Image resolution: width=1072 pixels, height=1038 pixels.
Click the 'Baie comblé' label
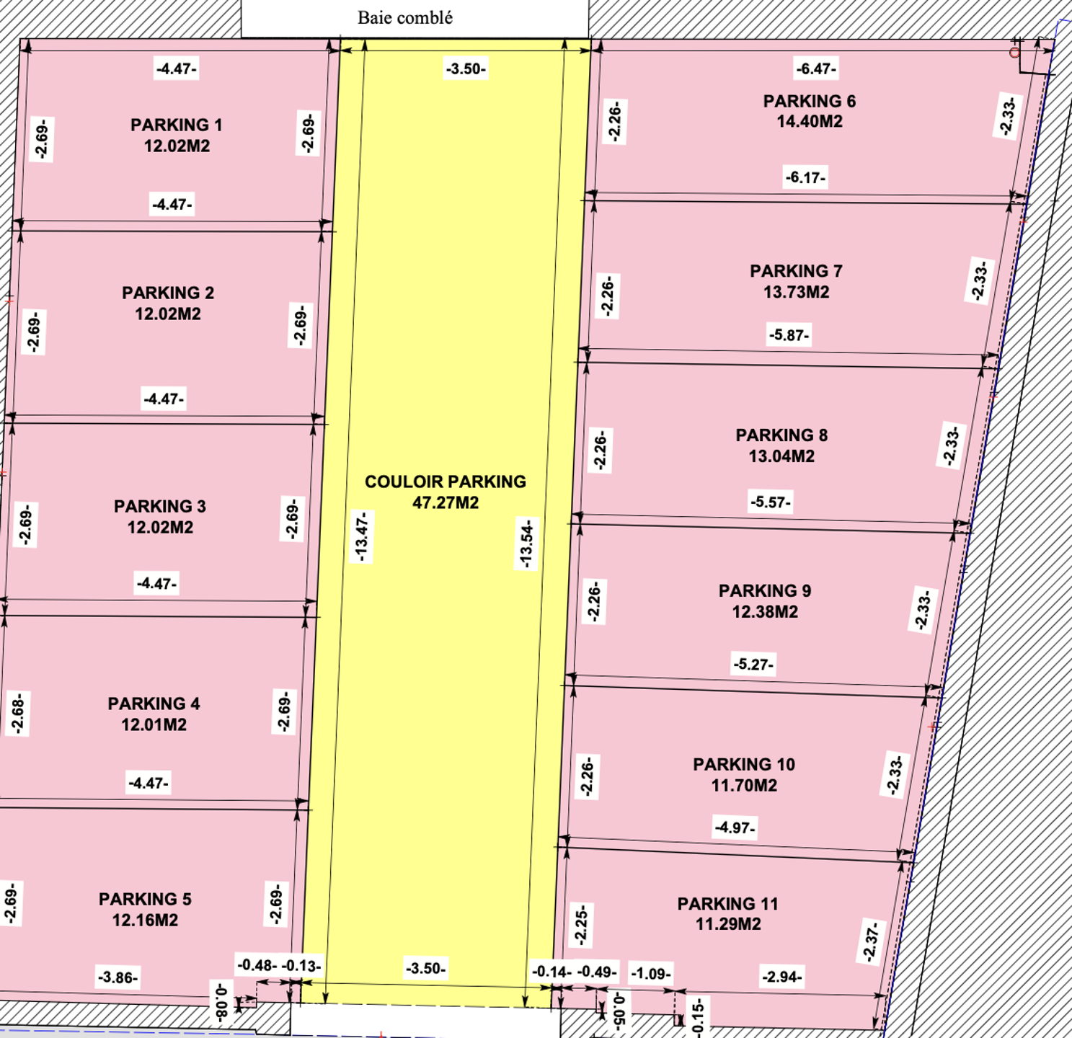tap(405, 18)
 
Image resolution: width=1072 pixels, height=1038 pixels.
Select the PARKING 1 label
tap(177, 125)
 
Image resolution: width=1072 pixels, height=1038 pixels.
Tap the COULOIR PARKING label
tap(445, 482)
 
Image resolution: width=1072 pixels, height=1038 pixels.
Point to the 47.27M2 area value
tap(445, 502)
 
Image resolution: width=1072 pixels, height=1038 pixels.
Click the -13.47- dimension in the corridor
tap(362, 536)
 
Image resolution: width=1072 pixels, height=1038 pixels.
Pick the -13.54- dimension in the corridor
tap(526, 544)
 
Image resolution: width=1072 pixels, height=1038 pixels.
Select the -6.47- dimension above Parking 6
tap(816, 69)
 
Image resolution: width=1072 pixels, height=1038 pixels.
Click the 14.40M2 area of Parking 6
tap(810, 121)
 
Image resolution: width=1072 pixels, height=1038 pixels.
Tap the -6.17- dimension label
tap(805, 178)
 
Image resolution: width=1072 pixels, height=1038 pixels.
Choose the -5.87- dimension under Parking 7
tap(789, 335)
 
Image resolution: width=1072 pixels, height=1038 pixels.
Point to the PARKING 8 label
tap(781, 435)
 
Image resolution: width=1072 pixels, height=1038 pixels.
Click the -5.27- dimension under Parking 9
tap(753, 664)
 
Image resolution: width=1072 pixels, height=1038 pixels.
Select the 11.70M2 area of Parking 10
tap(744, 785)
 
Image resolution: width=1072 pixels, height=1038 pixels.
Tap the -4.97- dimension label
tap(735, 827)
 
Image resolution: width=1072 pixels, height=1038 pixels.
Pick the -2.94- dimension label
tap(781, 977)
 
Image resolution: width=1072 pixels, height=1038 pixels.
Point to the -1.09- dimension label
tap(651, 974)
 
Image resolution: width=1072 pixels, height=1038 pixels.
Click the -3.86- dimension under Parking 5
tap(118, 977)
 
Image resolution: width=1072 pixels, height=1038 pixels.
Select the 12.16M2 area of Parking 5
tap(145, 920)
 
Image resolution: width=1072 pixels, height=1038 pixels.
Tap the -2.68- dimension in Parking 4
tap(17, 714)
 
